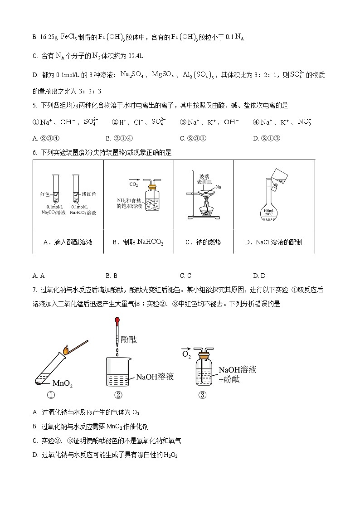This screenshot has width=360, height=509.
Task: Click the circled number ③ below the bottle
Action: point(202,395)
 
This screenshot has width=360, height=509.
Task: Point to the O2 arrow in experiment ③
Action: point(186,353)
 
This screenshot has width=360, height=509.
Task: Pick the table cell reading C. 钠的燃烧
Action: point(203,242)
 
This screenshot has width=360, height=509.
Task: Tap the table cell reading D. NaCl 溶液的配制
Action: point(273,242)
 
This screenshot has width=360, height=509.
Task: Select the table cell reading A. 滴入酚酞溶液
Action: point(68,242)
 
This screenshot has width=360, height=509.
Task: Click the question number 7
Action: point(35,290)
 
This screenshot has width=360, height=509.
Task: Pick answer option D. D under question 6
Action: point(259,276)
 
